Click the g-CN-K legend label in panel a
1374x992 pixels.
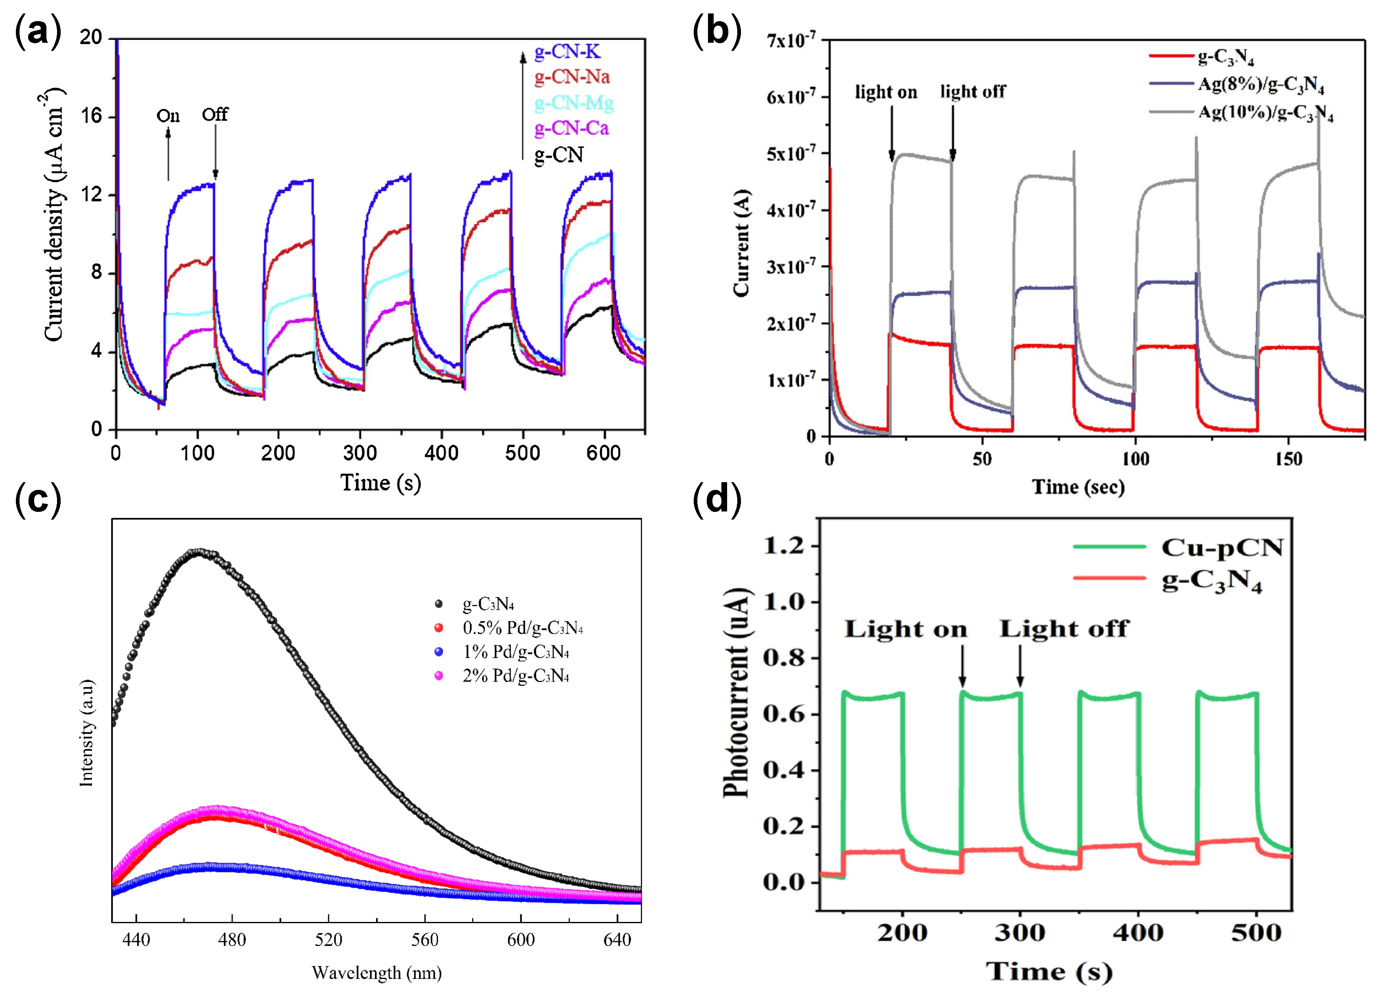tap(567, 52)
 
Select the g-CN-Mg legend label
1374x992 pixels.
tap(573, 103)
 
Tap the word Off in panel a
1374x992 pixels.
tap(215, 114)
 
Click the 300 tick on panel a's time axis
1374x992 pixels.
tap(360, 453)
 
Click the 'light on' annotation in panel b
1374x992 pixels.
tap(886, 92)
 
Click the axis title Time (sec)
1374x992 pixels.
tap(1078, 487)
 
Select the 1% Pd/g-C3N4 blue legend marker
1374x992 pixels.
tap(438, 652)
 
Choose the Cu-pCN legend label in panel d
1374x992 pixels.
tap(1222, 547)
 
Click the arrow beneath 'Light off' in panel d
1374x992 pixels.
tap(1020, 666)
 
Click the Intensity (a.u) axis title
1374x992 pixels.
tap(87, 733)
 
